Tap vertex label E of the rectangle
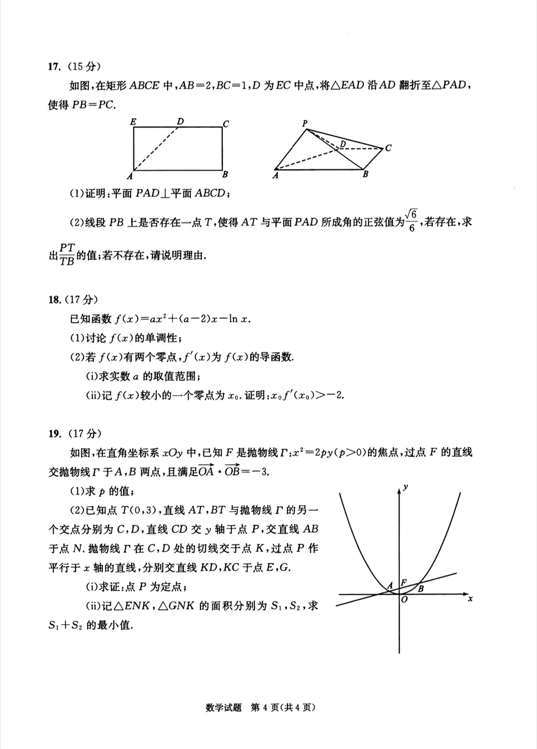(x=133, y=121)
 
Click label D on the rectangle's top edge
(x=180, y=121)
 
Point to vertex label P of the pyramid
(x=305, y=123)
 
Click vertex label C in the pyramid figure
(x=388, y=148)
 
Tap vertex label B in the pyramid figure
(x=365, y=174)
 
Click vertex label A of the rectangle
(x=130, y=176)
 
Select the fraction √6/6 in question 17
(x=411, y=221)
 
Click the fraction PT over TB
(x=67, y=254)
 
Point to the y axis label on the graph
(x=406, y=487)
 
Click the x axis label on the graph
(x=470, y=599)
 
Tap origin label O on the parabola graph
(x=404, y=600)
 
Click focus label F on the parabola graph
(x=404, y=583)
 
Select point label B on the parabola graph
(x=421, y=589)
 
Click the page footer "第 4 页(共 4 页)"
(x=282, y=707)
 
